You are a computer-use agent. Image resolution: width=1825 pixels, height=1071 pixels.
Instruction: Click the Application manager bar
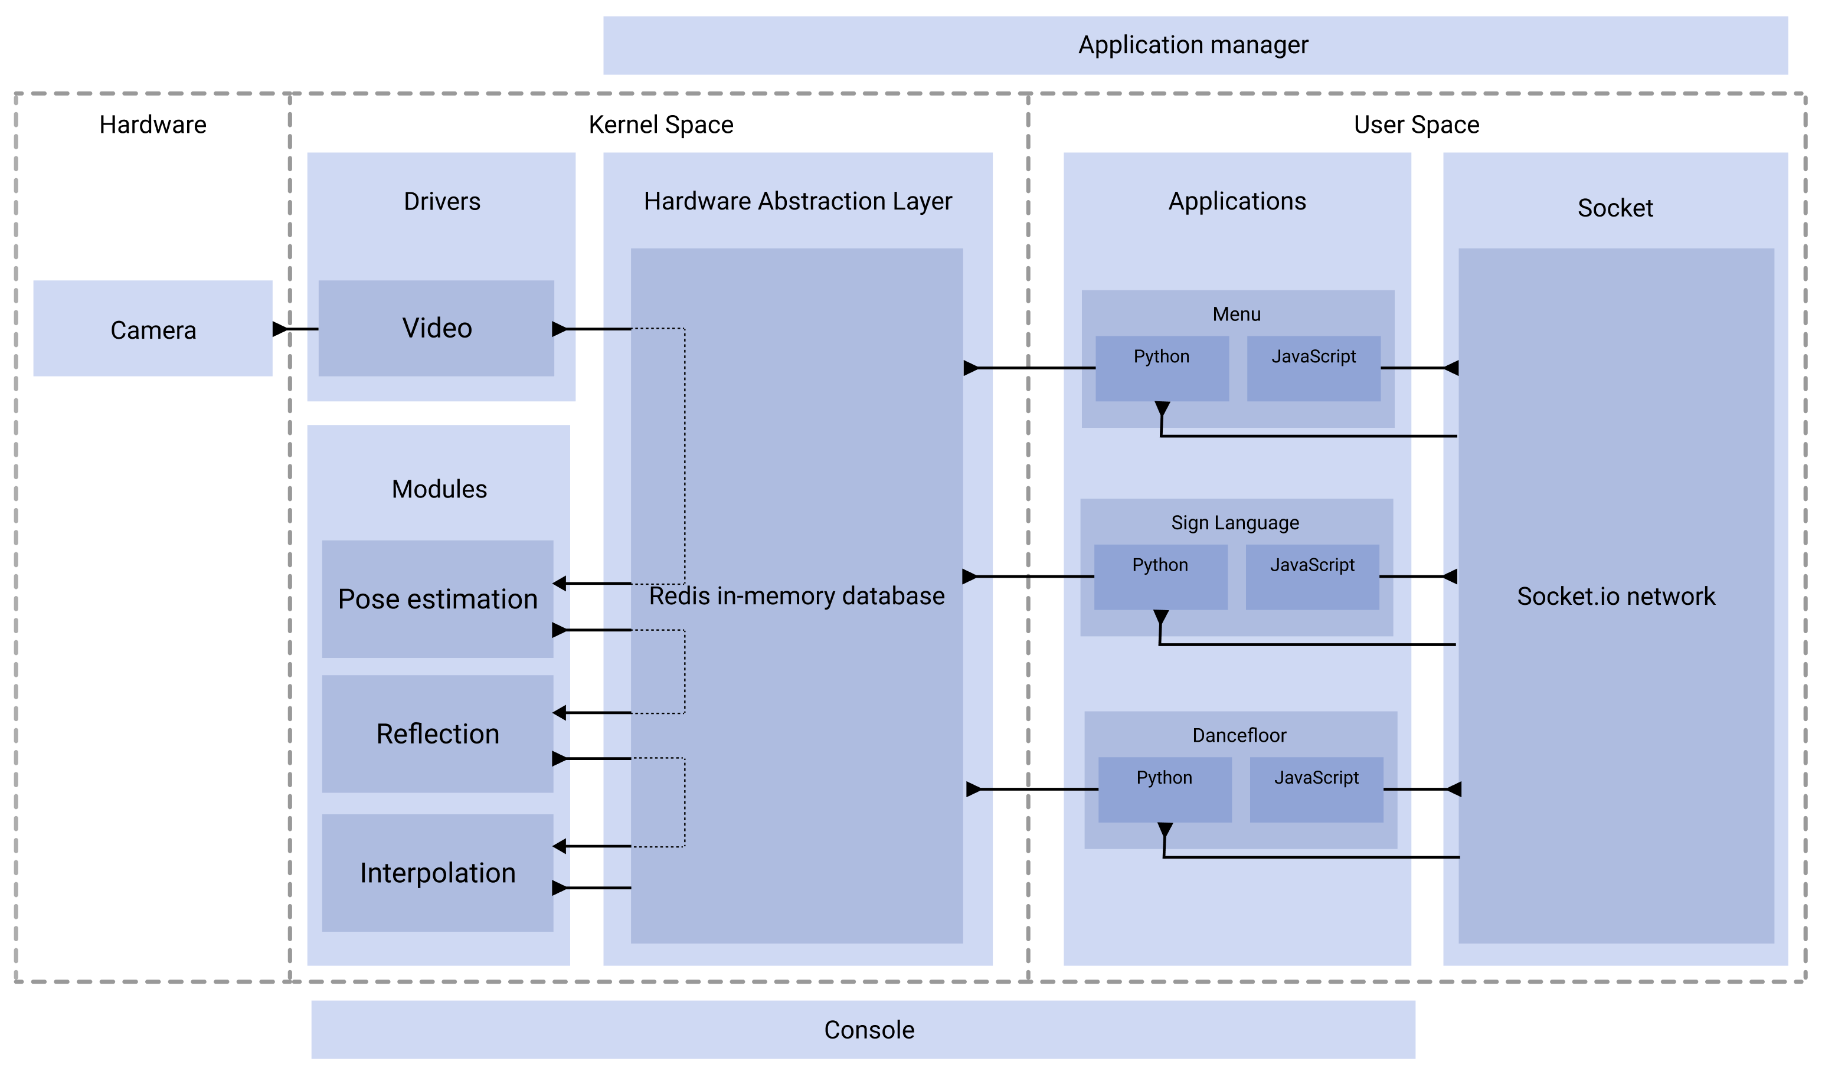coord(1195,45)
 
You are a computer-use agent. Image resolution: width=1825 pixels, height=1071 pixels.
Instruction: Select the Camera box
coord(153,329)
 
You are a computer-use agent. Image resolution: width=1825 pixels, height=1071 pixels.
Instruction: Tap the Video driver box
coord(437,328)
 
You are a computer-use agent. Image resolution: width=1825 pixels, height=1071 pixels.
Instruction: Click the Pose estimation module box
coord(437,599)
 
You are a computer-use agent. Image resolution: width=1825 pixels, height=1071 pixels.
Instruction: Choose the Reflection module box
coord(437,733)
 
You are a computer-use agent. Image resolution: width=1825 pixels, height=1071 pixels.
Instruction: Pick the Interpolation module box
coord(437,873)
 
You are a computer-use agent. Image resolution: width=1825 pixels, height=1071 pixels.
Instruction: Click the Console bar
coord(869,1029)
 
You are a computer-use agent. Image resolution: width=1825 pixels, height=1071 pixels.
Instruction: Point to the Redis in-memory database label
coord(797,596)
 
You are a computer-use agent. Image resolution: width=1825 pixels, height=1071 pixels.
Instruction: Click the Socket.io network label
coord(1615,596)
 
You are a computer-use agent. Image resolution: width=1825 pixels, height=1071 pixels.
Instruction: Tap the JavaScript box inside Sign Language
coord(1311,577)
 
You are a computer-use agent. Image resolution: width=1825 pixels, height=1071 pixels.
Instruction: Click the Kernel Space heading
coord(660,125)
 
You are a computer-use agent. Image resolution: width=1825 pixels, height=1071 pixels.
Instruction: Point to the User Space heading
coord(1416,125)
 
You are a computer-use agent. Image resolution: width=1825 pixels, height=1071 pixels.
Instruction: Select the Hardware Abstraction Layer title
coord(797,201)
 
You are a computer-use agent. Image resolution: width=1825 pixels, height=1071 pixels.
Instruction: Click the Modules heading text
coord(439,489)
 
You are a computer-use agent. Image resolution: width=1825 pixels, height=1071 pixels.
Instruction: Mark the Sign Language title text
coord(1235,522)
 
